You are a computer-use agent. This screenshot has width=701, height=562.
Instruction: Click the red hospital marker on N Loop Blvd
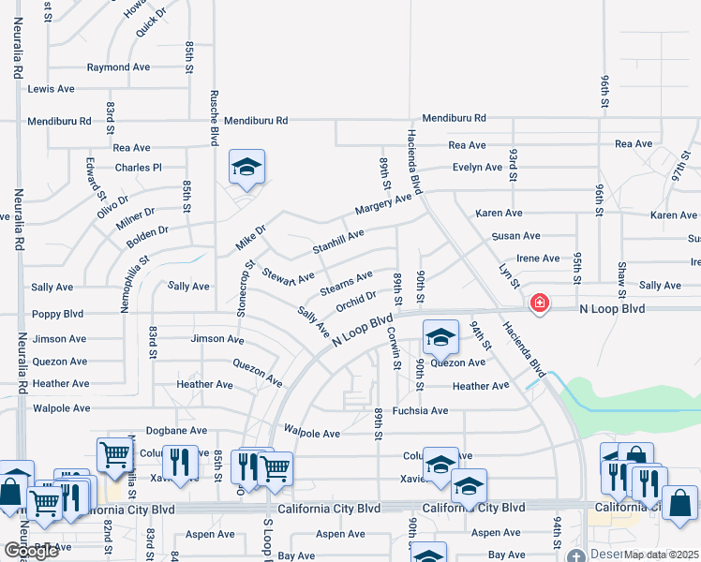539,303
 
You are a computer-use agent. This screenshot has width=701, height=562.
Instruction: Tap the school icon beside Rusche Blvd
247,168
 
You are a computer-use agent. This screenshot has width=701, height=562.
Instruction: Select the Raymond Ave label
118,67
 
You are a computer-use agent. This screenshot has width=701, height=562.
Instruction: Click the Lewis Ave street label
51,89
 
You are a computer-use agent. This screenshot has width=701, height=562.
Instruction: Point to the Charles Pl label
139,168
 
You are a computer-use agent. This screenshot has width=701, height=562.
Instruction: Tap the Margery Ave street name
382,203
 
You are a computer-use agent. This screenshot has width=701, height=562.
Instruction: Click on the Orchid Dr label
356,302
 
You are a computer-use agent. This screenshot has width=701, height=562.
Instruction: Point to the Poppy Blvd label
57,314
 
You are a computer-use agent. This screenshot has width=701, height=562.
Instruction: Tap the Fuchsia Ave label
420,410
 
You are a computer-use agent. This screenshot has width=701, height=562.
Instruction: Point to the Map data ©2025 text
662,555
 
